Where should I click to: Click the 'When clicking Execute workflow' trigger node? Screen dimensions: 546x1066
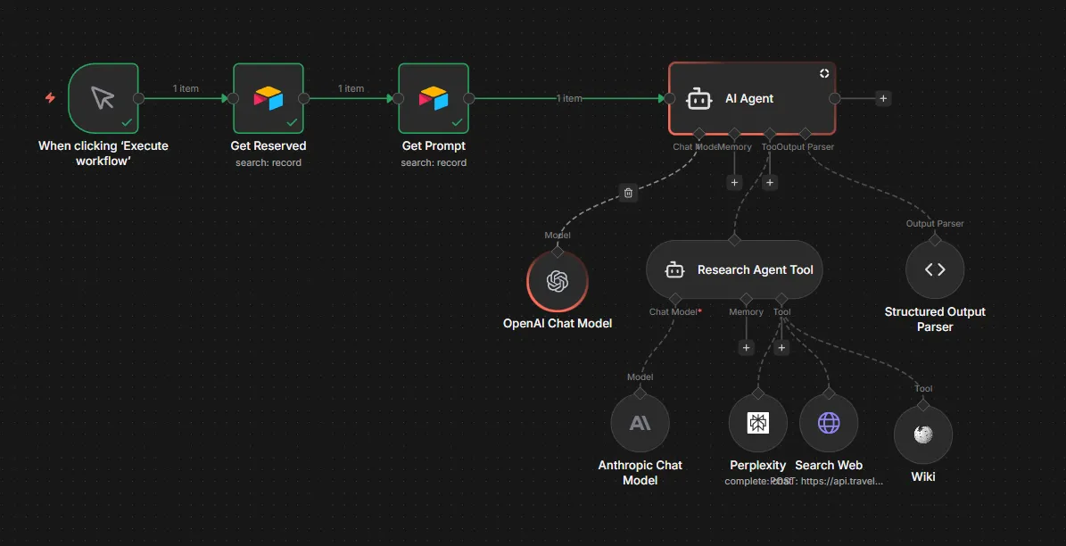pos(103,98)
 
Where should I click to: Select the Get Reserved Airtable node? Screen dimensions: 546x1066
pos(268,98)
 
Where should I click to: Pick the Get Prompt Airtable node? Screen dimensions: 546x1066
pos(434,98)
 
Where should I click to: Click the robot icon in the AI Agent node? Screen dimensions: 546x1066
pos(699,99)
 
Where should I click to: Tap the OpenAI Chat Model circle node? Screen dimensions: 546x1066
pos(558,281)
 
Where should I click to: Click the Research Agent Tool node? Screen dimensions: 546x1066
pos(733,269)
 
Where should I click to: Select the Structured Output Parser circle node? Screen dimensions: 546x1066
pos(935,269)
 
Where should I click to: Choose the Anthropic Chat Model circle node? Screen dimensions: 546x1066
pos(640,423)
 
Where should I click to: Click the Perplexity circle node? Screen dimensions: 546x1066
pos(757,423)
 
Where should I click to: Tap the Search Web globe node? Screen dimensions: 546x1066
pos(829,423)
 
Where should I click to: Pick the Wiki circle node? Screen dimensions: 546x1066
pos(923,434)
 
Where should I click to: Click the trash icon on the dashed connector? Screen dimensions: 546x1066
pos(628,192)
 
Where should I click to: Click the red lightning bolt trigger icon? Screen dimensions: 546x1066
pos(50,98)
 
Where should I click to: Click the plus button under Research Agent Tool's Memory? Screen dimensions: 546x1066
pos(747,347)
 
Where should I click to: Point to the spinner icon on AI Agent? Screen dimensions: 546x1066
pos(824,73)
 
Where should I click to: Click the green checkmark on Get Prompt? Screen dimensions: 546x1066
pos(457,121)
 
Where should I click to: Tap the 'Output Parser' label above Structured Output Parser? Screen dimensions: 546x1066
pos(935,224)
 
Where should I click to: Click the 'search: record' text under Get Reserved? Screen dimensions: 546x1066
pos(269,162)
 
